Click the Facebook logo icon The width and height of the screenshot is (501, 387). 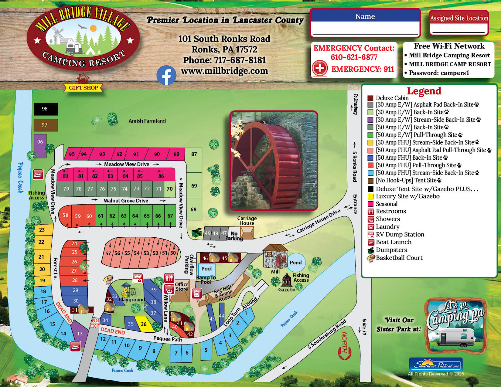pos(166,75)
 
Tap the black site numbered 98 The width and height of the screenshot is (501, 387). pos(46,109)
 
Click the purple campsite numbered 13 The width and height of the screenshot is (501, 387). pos(80,333)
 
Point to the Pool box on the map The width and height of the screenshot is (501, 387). pos(206,269)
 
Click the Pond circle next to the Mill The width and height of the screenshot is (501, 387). pos(296,262)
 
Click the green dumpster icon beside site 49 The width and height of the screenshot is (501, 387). pos(197,233)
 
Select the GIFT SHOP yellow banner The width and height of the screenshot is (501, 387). pos(83,88)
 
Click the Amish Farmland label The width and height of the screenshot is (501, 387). pos(147,121)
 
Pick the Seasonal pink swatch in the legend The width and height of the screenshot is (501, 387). pos(370,204)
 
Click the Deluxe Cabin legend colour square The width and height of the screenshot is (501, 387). pos(370,98)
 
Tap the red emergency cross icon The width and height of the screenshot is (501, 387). pos(319,68)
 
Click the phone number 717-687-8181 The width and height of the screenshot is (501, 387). pos(240,60)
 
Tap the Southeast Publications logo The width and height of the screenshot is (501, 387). pos(436,364)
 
